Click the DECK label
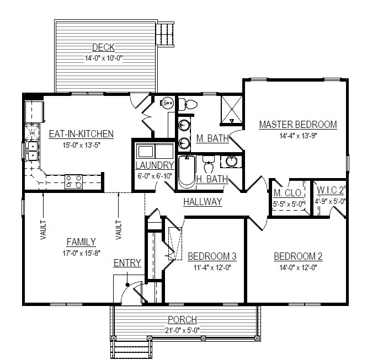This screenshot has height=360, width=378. [103, 48]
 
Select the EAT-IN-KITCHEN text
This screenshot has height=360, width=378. [81, 134]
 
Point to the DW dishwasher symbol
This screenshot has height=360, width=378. [32, 133]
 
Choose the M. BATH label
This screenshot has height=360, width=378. [212, 139]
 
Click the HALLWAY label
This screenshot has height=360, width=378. [203, 202]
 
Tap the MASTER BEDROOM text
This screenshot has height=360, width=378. [298, 125]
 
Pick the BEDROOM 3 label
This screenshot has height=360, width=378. [212, 256]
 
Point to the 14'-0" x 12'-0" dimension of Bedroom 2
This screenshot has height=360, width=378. [298, 267]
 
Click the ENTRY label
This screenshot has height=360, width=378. [127, 263]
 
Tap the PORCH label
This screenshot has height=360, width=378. [182, 320]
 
